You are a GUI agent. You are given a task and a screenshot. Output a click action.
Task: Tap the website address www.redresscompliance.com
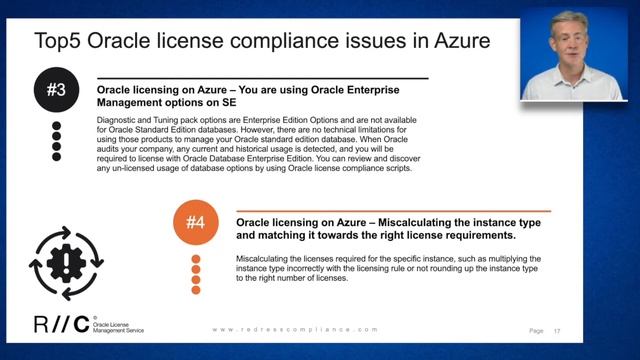click(296, 329)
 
